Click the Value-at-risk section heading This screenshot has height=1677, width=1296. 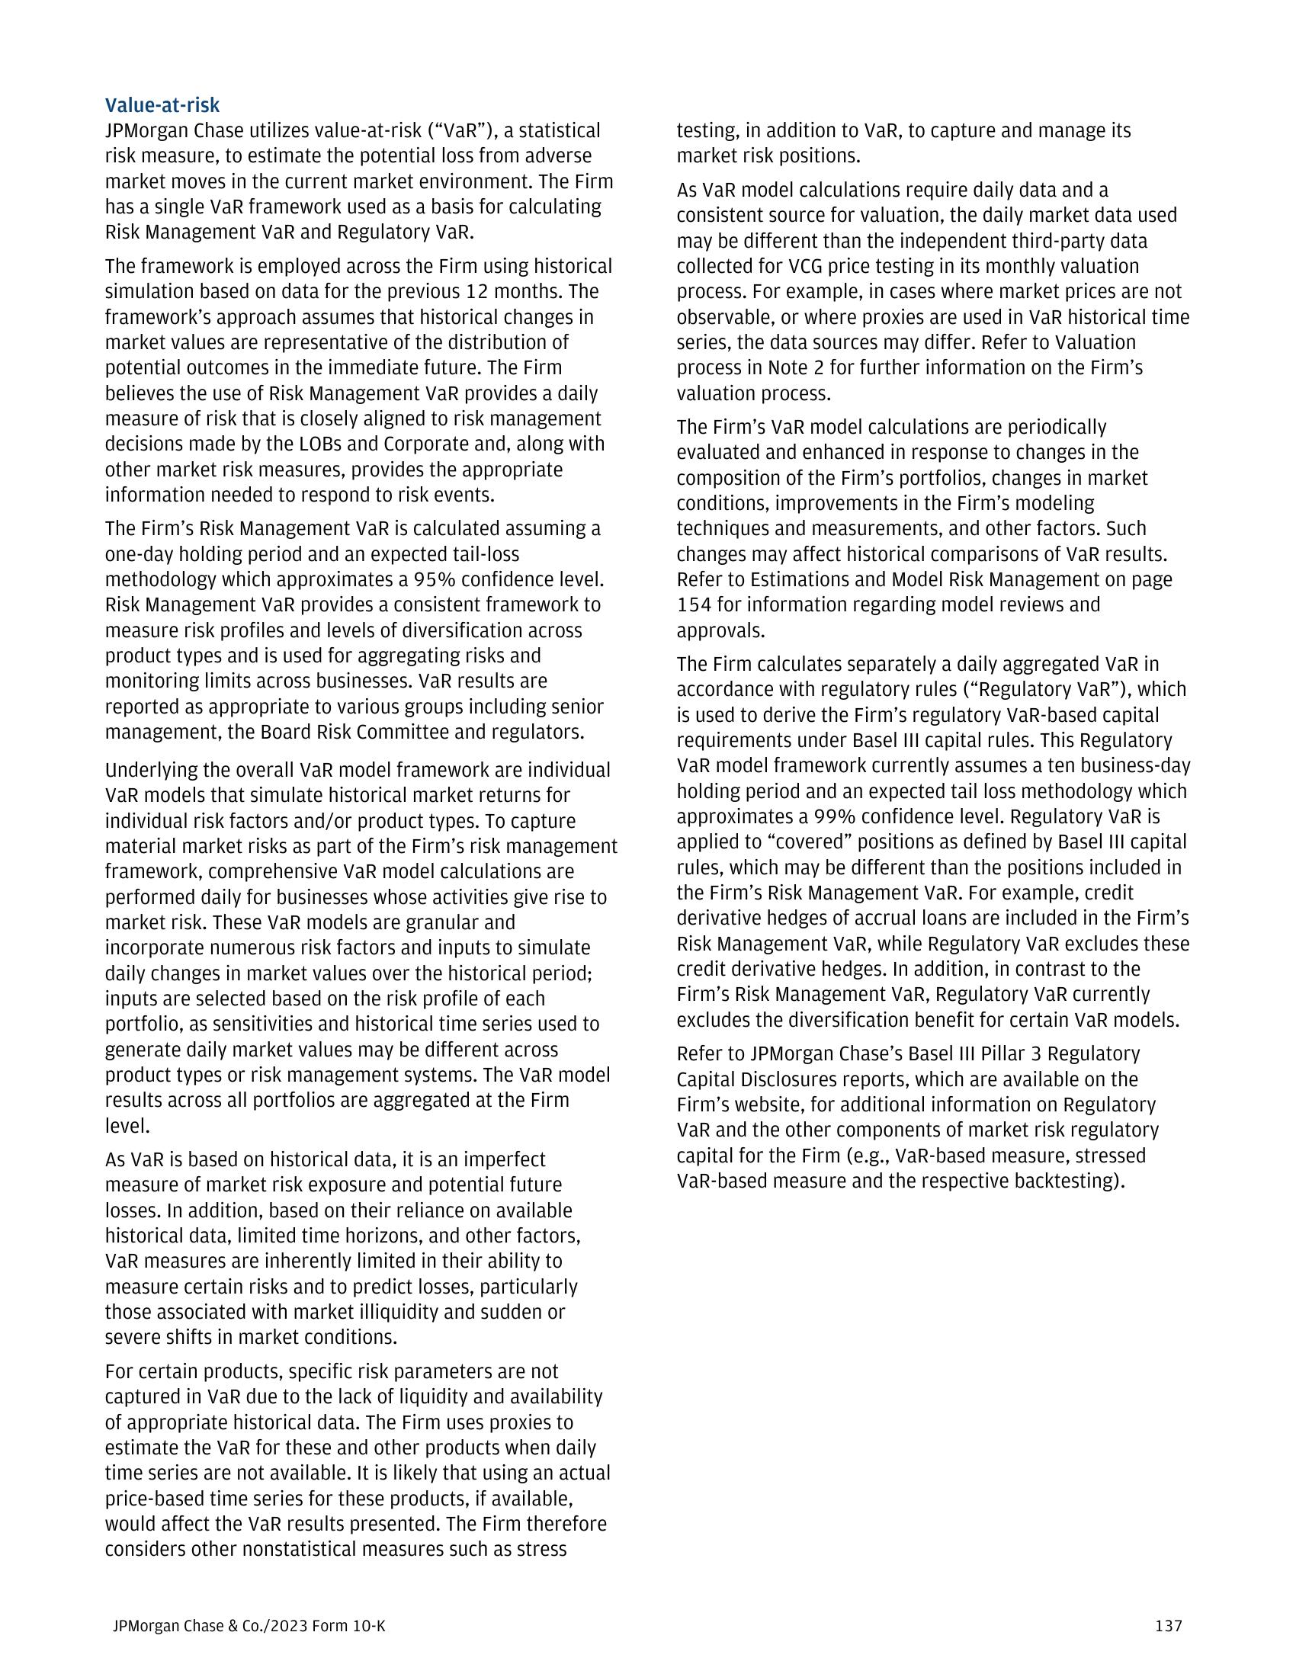click(162, 105)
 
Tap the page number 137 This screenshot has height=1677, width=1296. click(1168, 1626)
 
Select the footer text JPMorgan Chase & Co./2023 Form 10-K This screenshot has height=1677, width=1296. click(249, 1626)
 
